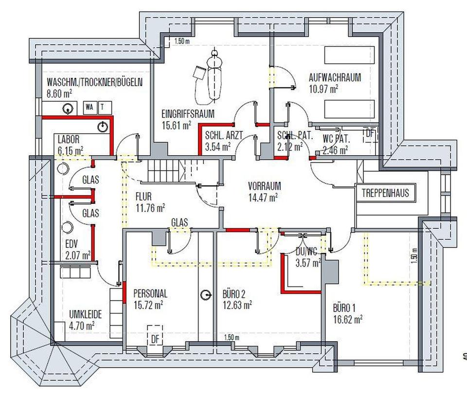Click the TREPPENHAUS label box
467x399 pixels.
385,193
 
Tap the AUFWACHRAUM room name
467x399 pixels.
335,78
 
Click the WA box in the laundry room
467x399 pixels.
90,107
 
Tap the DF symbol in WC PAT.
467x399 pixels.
371,134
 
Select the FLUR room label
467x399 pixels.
144,197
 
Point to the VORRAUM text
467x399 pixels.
264,186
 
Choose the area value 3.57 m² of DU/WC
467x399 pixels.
307,263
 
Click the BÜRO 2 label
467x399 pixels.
234,294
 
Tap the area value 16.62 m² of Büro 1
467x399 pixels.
347,319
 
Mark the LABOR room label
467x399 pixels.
68,140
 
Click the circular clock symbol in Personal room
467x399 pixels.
207,295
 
